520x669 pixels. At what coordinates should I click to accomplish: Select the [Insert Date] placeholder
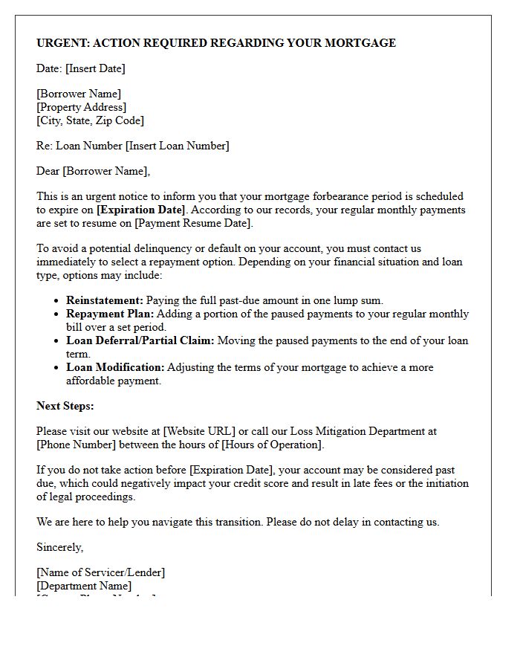click(x=95, y=68)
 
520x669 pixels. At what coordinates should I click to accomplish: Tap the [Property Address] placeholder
click(x=82, y=107)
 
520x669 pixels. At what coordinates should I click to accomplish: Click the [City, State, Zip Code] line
click(x=90, y=120)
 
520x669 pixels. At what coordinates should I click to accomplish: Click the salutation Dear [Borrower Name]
click(x=93, y=171)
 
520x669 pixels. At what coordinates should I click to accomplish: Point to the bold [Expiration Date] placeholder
click(x=141, y=210)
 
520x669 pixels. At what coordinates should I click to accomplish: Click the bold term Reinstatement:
click(x=105, y=300)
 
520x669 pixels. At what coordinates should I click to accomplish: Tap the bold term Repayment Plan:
click(x=109, y=314)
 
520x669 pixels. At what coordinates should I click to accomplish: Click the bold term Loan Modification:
click(x=115, y=367)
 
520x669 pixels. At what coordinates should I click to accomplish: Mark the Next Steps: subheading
click(x=65, y=406)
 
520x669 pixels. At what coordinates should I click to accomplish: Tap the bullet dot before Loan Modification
click(x=57, y=368)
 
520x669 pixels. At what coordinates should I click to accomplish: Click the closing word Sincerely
click(x=59, y=547)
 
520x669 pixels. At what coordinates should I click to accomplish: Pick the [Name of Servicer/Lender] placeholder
click(x=101, y=572)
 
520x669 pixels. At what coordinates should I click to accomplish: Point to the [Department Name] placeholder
click(x=84, y=586)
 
